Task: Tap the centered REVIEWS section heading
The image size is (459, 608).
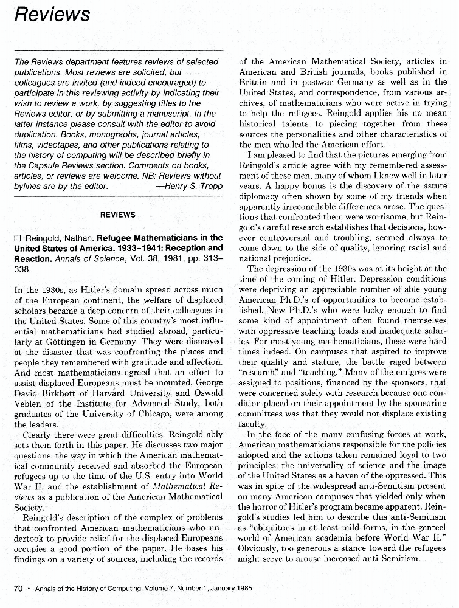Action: pyautogui.click(x=117, y=215)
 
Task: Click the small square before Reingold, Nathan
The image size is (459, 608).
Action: pyautogui.click(x=18, y=238)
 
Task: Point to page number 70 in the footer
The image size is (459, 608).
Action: pyautogui.click(x=18, y=589)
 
